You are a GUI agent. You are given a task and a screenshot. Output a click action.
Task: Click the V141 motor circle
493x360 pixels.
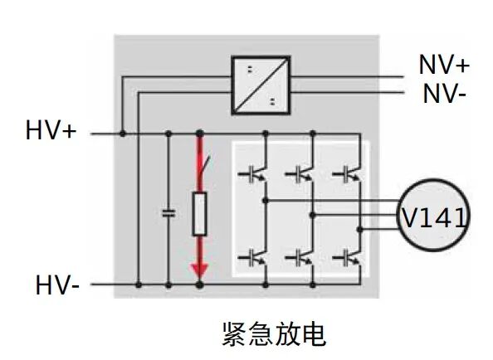[x=433, y=217]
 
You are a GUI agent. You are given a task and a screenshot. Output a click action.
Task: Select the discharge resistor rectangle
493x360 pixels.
[x=199, y=214]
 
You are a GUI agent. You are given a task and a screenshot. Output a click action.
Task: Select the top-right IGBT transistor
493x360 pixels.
[x=347, y=173]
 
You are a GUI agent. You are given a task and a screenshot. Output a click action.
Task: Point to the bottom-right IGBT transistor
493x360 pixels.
[x=347, y=255]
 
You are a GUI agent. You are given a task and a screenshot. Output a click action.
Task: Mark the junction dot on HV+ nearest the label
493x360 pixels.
[x=123, y=133]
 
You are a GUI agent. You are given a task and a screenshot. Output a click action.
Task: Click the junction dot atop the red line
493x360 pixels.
[x=199, y=133]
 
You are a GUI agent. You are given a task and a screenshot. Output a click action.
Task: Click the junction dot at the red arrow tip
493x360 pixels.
[x=199, y=285]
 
